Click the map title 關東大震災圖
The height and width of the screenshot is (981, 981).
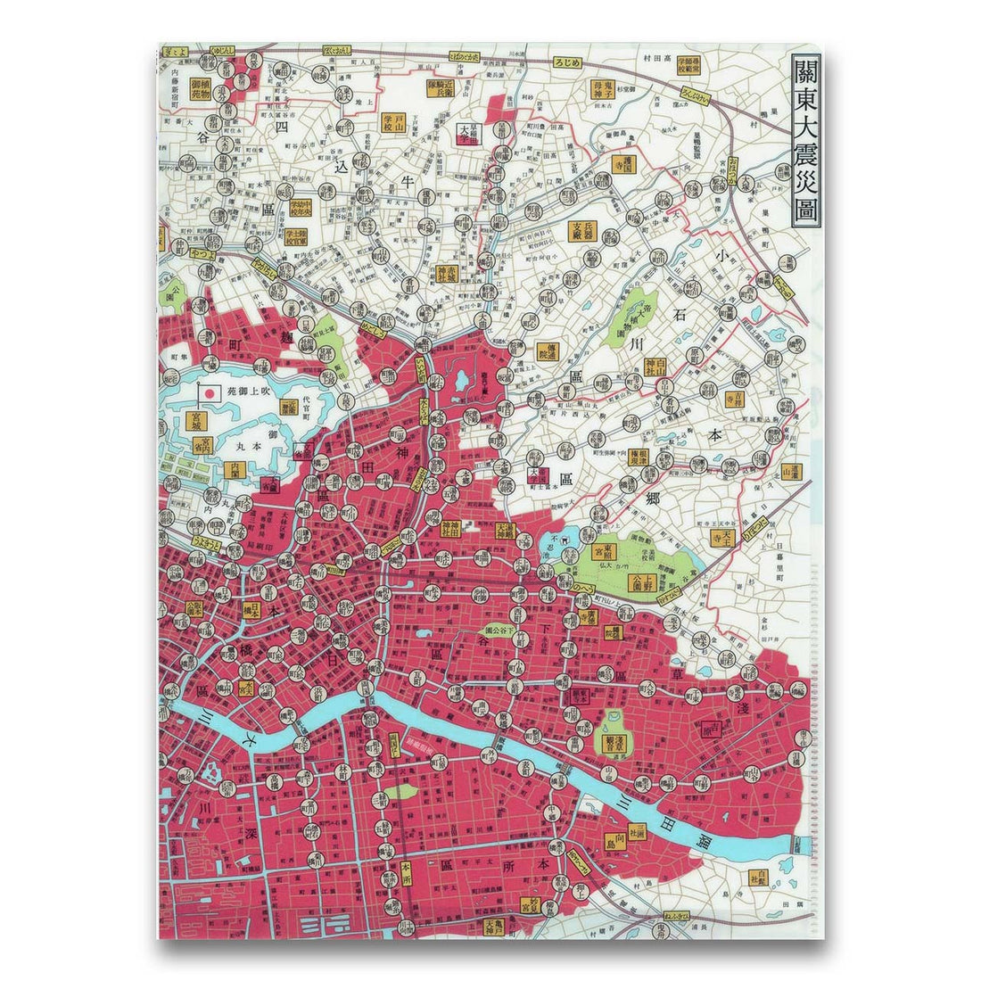(x=804, y=144)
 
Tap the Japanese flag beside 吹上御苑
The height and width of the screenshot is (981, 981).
(x=210, y=392)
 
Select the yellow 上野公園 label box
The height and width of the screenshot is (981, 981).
(x=640, y=583)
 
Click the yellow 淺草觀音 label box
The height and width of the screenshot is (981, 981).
(x=612, y=743)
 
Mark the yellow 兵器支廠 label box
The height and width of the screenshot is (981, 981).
(x=582, y=232)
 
